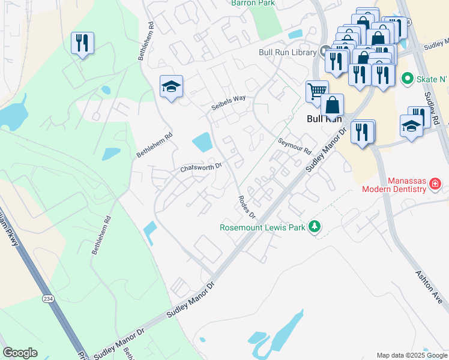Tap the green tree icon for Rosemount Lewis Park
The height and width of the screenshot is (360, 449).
tap(313, 227)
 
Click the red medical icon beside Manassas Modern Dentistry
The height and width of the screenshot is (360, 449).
tap(436, 185)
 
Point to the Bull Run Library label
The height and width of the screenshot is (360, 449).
tap(287, 52)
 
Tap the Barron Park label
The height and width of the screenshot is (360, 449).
tap(252, 2)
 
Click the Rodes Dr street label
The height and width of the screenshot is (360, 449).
tap(247, 207)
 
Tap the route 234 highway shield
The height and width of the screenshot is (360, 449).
tap(48, 298)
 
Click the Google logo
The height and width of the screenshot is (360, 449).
tap(20, 353)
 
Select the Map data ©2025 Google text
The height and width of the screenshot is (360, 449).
tap(411, 355)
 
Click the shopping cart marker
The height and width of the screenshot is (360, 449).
tap(317, 92)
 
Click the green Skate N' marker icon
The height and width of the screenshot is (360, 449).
tap(407, 79)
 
